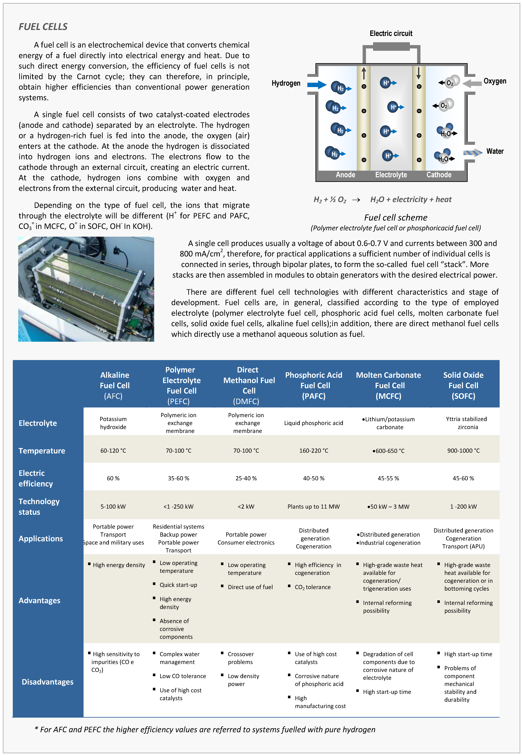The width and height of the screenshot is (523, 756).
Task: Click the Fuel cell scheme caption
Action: coord(396,218)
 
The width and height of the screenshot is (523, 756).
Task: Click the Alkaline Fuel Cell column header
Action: coord(114,385)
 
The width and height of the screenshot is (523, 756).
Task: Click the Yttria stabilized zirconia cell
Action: coord(466,423)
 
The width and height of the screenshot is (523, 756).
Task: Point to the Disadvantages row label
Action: coord(48,682)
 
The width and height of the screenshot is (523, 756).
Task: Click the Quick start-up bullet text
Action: coord(178,585)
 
